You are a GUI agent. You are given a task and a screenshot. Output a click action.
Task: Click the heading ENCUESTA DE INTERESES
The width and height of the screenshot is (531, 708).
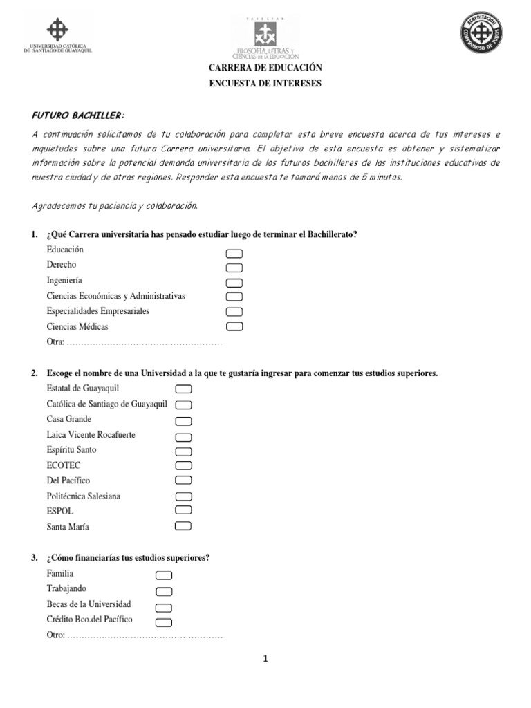265,84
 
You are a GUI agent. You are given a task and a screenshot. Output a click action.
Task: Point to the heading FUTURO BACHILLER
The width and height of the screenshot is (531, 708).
78,115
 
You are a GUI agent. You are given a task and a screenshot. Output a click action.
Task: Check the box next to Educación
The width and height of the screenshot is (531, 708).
234,253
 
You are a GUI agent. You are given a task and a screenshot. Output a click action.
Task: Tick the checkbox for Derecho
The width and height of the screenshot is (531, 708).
234,268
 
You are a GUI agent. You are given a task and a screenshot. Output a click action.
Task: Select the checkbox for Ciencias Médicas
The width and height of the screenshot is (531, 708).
234,326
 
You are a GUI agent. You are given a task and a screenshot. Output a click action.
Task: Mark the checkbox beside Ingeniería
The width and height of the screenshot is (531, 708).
234,282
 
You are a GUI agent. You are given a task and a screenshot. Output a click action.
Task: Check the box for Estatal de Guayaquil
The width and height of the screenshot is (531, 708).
183,389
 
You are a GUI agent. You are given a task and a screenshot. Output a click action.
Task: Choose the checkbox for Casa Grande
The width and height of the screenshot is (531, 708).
183,420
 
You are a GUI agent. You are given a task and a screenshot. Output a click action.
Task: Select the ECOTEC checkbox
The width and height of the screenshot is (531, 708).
183,465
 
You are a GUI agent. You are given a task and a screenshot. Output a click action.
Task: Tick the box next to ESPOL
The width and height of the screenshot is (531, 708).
183,511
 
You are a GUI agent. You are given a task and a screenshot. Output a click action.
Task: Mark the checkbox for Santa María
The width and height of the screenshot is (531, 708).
183,526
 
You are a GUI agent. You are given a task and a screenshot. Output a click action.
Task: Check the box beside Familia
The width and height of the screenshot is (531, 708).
164,576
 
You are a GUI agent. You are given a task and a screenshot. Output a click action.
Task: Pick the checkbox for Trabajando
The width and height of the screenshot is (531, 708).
164,591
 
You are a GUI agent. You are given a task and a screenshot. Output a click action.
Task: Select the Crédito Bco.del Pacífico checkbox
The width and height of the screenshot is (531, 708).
164,622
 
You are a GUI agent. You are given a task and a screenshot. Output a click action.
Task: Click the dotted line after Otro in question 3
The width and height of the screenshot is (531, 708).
145,635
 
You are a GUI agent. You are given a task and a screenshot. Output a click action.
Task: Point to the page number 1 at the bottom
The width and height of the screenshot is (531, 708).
265,659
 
